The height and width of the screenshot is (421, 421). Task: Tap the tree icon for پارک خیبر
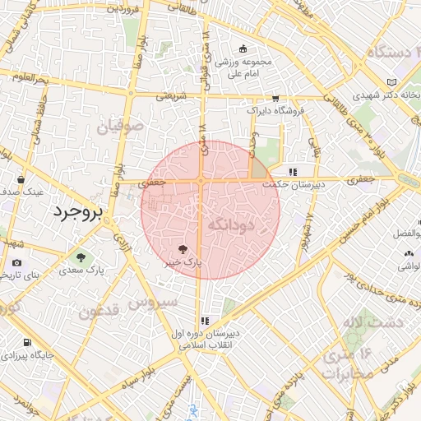183,248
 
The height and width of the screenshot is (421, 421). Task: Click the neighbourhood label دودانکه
232,224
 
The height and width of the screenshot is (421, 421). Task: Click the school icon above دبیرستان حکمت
292,171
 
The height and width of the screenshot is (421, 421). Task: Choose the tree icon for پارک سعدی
80,257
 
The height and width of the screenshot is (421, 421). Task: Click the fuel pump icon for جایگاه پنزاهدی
28,343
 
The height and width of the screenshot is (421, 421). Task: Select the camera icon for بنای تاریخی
17,262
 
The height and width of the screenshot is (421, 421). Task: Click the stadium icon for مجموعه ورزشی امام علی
243,49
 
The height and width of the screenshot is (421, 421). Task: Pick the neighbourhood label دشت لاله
363,322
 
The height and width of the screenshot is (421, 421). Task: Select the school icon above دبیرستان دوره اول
205,321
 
